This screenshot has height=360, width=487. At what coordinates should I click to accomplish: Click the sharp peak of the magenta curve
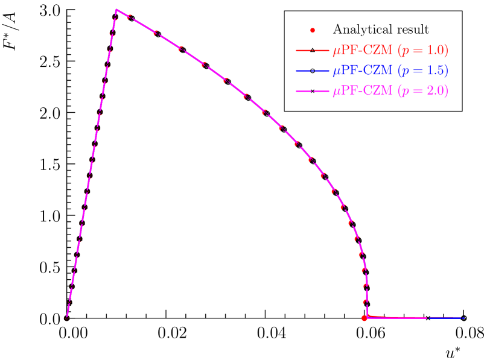coord(116,10)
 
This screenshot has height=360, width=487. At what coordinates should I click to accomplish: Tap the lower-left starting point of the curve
coord(67,317)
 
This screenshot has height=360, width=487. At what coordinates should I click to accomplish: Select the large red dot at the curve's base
coord(364,318)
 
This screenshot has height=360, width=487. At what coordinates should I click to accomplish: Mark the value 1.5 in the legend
coord(435,71)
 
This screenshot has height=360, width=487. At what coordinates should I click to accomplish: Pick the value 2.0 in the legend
coord(435,91)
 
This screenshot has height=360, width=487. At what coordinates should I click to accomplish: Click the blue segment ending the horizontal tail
coord(447,318)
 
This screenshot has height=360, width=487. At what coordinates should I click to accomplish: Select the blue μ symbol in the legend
coord(336,72)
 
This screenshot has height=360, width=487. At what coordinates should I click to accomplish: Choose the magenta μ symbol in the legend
coord(336,92)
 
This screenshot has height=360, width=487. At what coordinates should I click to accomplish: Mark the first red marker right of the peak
coord(129,17)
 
